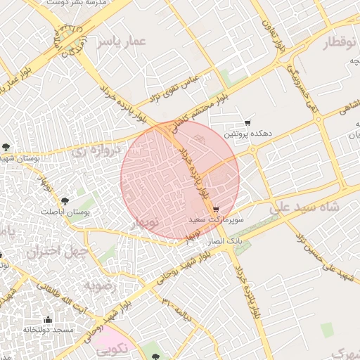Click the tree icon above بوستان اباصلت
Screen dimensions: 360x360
[x=66, y=201]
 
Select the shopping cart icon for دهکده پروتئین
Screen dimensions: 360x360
[x=247, y=123]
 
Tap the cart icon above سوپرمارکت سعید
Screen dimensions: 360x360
[x=216, y=209]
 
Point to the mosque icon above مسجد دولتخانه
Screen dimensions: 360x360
[x=48, y=319]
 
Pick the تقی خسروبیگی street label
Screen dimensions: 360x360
[x=307, y=87]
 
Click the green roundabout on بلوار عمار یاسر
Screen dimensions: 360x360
[x=70, y=40]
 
